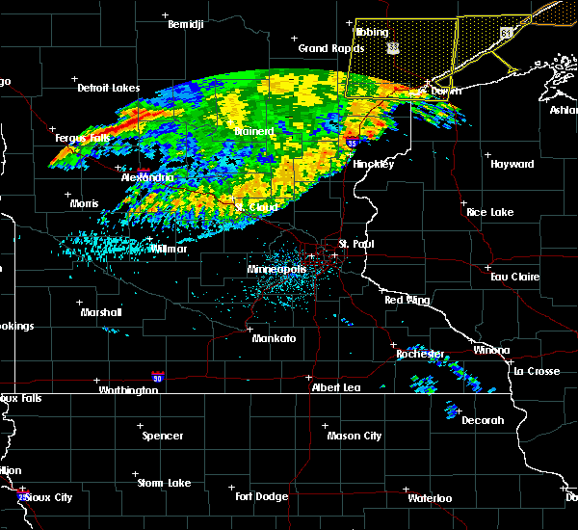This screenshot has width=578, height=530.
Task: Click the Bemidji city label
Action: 186,25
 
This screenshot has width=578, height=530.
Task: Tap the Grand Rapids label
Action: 330,48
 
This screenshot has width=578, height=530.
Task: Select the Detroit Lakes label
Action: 109,88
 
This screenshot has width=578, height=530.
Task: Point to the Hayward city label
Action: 512,165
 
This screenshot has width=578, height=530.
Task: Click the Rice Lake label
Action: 489,212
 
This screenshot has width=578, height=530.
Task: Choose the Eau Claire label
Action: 513,277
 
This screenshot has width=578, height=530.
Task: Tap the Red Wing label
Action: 407,301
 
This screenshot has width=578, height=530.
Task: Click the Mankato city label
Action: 274,339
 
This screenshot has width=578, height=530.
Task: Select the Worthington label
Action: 128,390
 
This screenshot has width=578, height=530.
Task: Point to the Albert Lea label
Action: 334,387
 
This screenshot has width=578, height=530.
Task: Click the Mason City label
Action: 355,436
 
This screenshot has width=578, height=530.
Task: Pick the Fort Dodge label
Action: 262,496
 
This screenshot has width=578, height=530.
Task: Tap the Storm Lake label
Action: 163,483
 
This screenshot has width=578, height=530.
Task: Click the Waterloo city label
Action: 429,498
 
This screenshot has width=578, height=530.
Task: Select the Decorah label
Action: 483,420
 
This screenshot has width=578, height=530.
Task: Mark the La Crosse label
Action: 537,371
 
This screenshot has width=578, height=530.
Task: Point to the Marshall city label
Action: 101,312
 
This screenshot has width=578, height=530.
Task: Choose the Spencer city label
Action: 163,436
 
